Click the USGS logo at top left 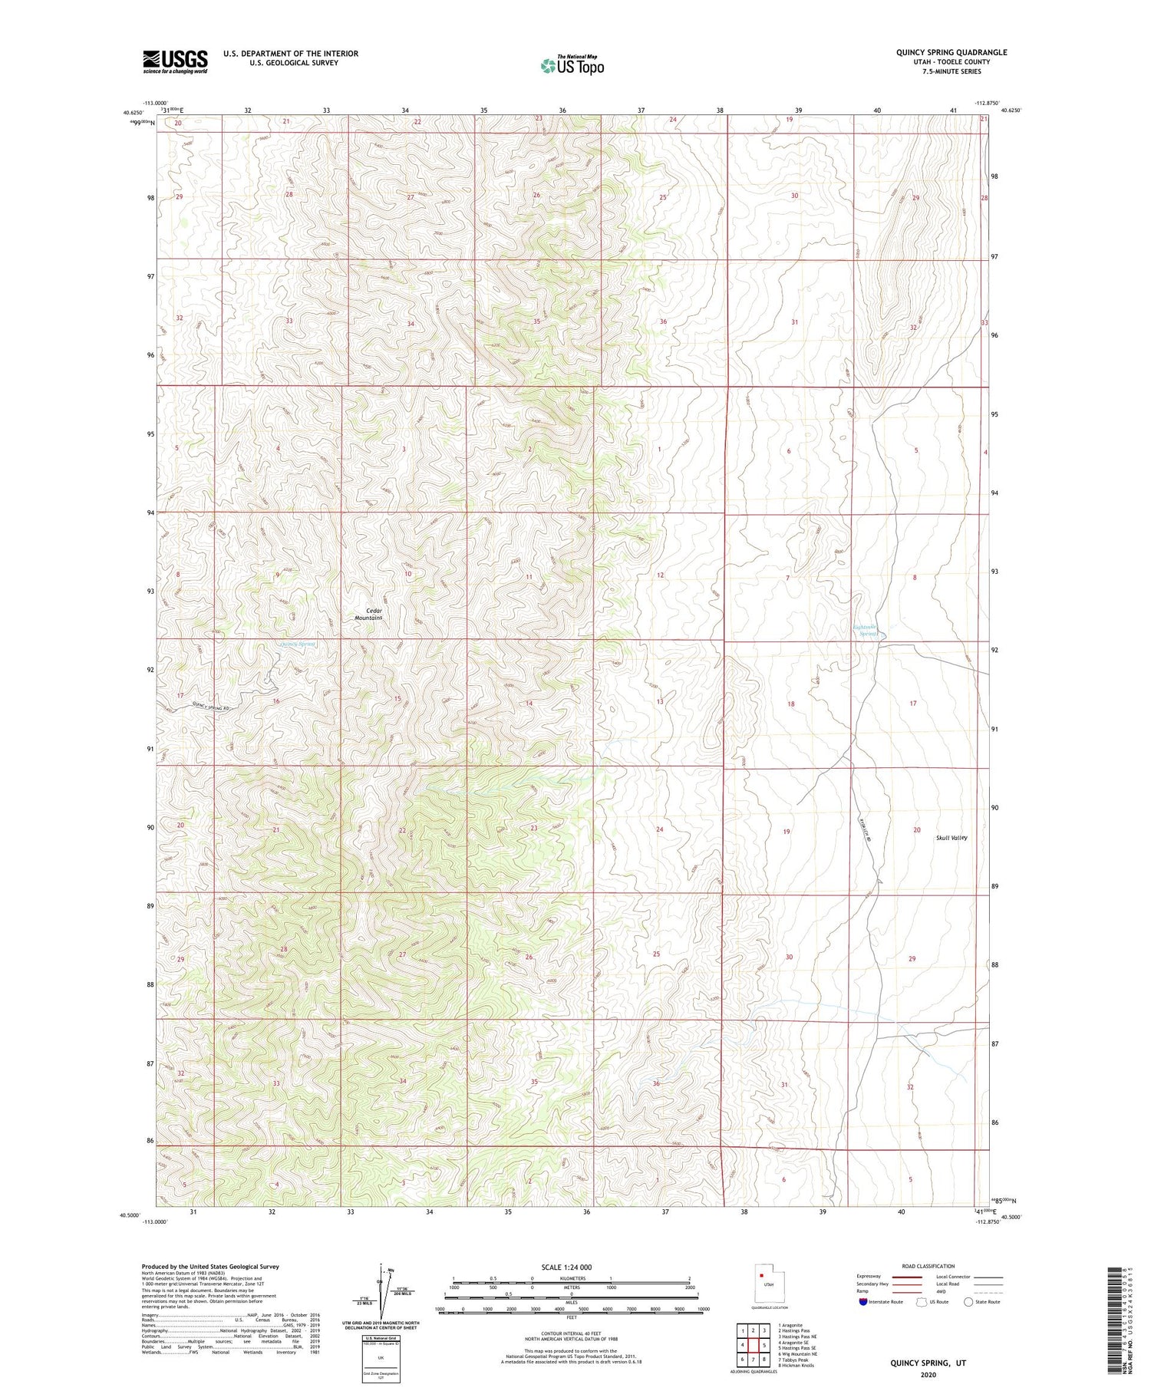[x=175, y=61]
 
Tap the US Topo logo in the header [x=572, y=66]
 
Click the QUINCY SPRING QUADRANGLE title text [x=951, y=52]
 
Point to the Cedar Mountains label [x=369, y=614]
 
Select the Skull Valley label [x=951, y=838]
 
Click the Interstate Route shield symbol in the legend [x=863, y=1302]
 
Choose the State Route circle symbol [x=968, y=1302]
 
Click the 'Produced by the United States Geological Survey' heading [x=209, y=1267]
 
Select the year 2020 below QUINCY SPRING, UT [x=928, y=1374]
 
